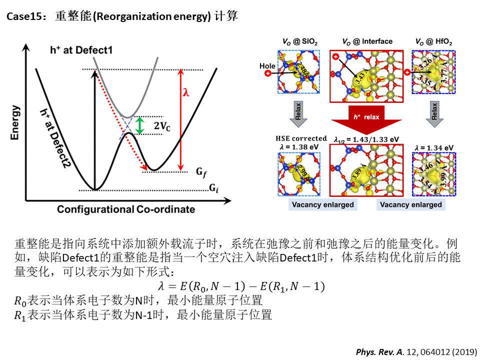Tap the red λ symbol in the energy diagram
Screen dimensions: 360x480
[186, 92]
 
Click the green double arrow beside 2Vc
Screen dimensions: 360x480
[140, 125]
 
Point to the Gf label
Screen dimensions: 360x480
[200, 172]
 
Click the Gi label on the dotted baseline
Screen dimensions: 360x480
[212, 189]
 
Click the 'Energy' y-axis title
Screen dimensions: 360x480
[17, 122]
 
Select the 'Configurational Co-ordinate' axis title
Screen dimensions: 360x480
[125, 209]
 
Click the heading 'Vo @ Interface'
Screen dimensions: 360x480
[367, 41]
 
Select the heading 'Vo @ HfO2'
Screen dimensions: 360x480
[433, 41]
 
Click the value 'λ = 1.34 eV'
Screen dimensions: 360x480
[434, 147]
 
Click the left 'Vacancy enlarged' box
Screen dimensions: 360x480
[322, 204]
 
